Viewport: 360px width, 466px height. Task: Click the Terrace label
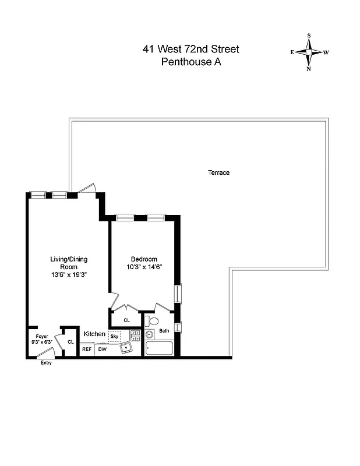click(219, 172)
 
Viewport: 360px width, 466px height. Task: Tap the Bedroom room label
click(143, 259)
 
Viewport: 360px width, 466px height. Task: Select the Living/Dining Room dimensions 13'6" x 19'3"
click(69, 274)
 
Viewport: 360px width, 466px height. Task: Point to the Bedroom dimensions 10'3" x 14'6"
click(143, 267)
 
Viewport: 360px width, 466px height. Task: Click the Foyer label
click(41, 337)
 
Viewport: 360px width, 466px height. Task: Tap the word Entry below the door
click(45, 363)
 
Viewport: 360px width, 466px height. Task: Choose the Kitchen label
click(94, 334)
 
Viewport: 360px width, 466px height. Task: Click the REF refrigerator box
click(86, 349)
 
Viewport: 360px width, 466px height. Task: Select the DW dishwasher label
click(102, 349)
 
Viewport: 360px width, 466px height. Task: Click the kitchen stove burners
click(135, 335)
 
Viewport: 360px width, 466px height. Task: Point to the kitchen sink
click(126, 348)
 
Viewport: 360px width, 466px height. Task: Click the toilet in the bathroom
click(153, 322)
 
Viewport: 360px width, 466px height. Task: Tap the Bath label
click(164, 331)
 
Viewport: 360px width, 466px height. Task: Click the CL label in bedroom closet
click(126, 320)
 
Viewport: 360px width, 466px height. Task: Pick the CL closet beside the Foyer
click(70, 342)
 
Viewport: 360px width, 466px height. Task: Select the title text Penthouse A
click(190, 62)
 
